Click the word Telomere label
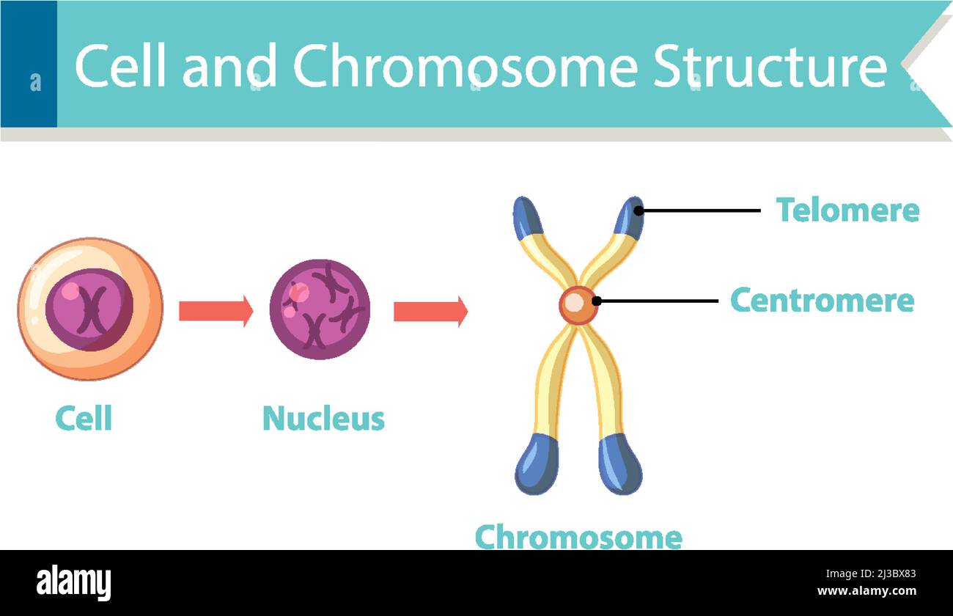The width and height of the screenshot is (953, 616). [847, 210]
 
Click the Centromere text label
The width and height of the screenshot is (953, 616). [822, 301]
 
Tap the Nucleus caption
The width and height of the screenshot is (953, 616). [323, 419]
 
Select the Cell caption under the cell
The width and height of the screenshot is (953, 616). [84, 419]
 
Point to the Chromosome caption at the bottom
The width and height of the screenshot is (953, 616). [578, 538]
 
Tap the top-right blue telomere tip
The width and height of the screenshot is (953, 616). [630, 217]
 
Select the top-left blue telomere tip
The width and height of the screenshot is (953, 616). [527, 218]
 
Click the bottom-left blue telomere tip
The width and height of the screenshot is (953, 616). [537, 463]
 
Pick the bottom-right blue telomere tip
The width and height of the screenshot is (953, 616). [619, 463]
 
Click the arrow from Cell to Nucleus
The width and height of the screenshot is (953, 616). [216, 311]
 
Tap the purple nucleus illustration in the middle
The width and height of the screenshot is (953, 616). [319, 309]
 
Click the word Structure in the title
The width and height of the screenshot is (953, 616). [769, 67]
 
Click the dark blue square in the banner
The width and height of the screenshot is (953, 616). [29, 65]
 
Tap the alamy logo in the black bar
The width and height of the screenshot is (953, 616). [74, 583]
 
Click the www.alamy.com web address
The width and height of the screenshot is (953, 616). [866, 591]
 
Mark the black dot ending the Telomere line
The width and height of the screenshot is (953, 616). [639, 210]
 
